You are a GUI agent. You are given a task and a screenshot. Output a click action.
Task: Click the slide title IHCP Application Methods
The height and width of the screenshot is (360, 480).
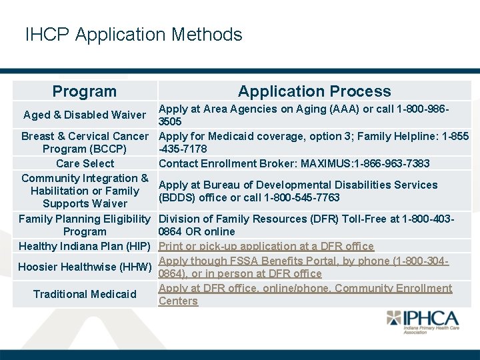pos(133,35)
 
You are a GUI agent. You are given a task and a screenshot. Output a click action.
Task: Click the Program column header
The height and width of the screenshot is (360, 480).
pos(85,92)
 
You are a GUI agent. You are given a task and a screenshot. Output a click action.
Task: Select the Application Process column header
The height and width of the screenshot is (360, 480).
pos(314,92)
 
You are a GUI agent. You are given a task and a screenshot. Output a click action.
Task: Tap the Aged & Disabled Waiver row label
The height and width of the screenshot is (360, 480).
pos(85,115)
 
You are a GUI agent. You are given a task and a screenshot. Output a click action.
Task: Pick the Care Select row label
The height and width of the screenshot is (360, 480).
pos(85,163)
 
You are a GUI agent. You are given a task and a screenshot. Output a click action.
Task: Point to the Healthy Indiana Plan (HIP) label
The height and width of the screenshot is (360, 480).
pos(84,247)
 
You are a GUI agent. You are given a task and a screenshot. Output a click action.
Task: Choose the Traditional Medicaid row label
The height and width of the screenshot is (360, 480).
pos(85,294)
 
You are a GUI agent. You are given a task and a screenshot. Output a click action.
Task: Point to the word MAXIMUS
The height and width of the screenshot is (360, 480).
pos(323,163)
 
